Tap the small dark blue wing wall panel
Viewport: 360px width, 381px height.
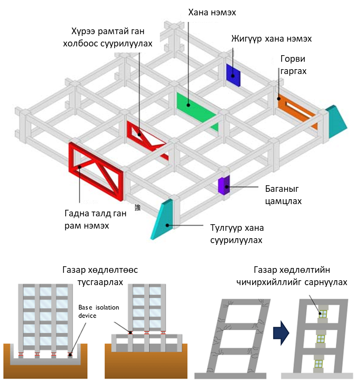pyautogui.click(x=233, y=73)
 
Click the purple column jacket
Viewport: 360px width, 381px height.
pyautogui.click(x=224, y=185)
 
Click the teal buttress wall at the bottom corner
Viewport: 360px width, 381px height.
pyautogui.click(x=162, y=219)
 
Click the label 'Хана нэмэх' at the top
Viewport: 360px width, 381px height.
pyautogui.click(x=212, y=12)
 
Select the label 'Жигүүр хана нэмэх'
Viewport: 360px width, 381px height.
pyautogui.click(x=272, y=39)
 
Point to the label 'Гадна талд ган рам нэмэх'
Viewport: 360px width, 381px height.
pyautogui.click(x=94, y=219)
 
